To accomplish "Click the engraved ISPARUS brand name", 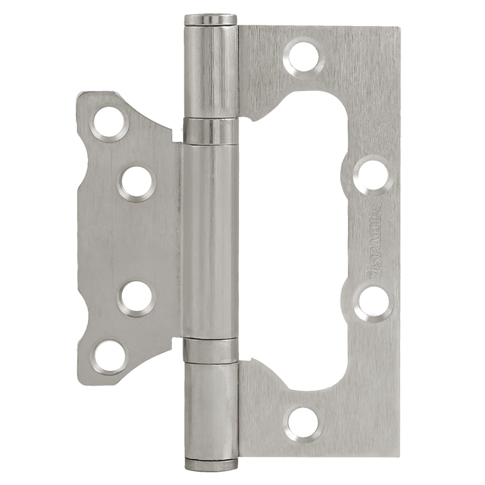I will coord(373,238).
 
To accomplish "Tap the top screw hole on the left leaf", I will coord(110,121).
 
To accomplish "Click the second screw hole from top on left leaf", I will coord(136,182).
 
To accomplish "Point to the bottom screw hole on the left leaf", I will coord(110,358).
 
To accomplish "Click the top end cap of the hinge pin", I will coord(210,19).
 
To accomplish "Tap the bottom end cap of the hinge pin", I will coord(210,464).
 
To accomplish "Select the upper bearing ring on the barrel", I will coord(210,132).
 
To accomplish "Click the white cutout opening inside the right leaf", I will coord(303,242).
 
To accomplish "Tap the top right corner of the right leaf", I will coord(397,29).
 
